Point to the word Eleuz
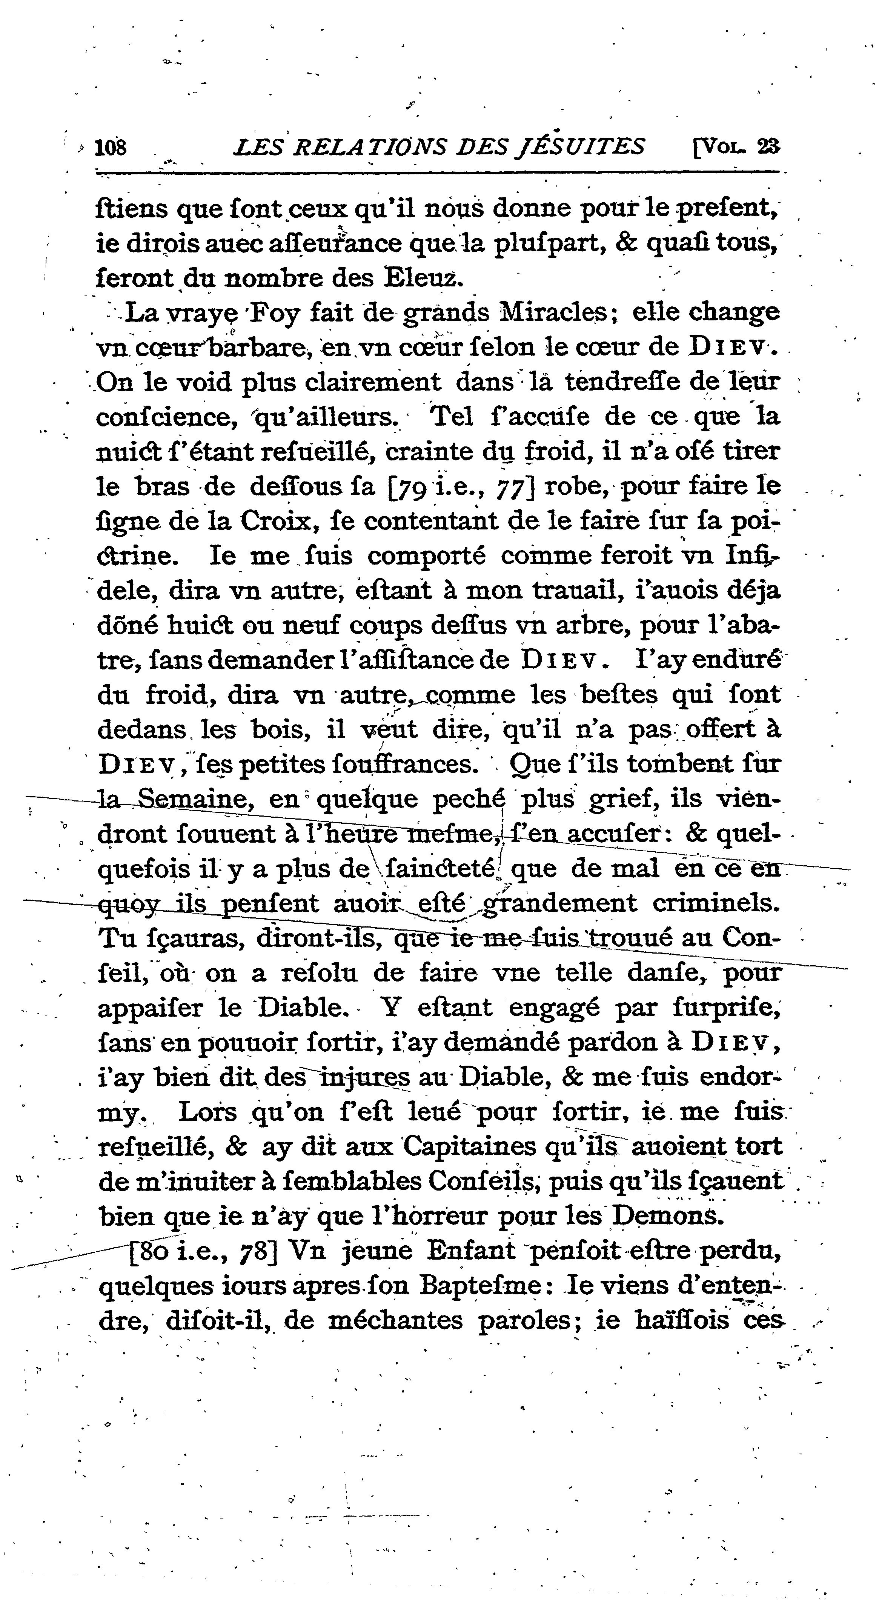click(422, 276)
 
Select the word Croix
click(274, 520)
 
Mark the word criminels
click(716, 903)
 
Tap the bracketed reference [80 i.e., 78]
click(202, 1250)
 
